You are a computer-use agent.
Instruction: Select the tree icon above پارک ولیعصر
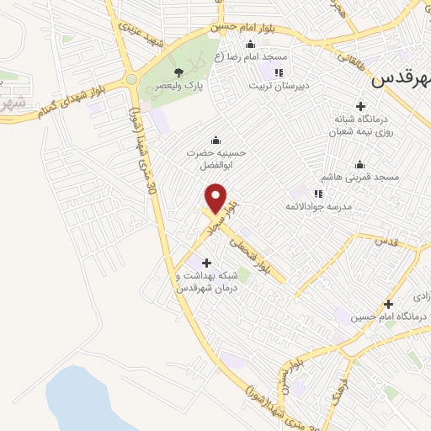[178, 72]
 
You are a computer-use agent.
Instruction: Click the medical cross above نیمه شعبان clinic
[360, 106]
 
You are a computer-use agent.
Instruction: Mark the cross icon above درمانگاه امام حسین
[388, 304]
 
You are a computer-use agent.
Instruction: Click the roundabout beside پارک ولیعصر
[131, 80]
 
